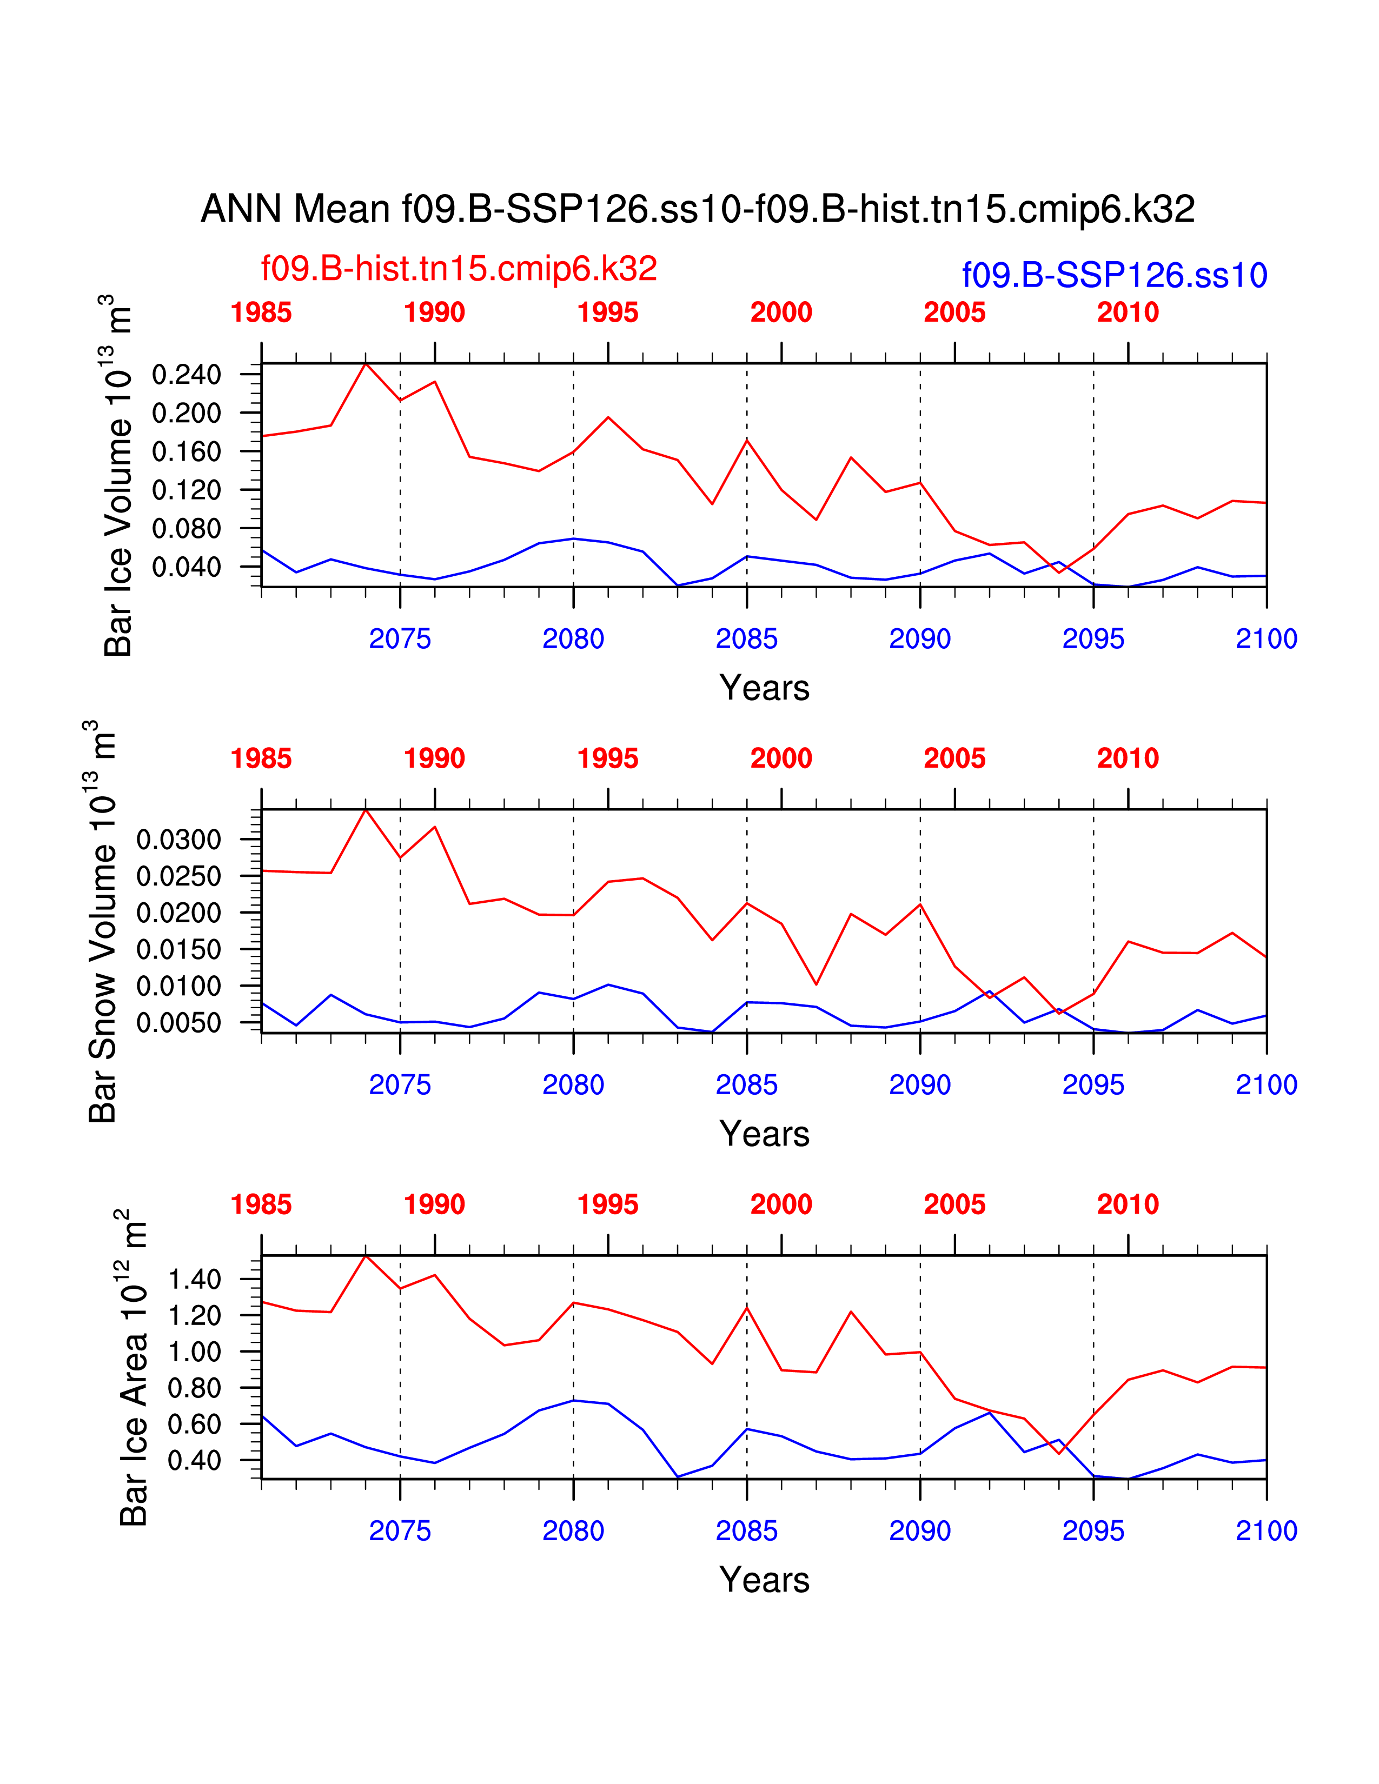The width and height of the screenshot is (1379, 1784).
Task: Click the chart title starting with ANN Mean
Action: pyautogui.click(x=698, y=209)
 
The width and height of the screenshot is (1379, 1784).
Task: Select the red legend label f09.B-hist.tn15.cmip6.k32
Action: pyautogui.click(x=458, y=269)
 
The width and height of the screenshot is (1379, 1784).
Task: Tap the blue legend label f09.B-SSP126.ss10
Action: pyautogui.click(x=1115, y=275)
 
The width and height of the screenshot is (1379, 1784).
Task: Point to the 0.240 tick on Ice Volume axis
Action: pyautogui.click(x=186, y=375)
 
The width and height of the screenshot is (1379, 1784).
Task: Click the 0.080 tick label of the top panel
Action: pyautogui.click(x=186, y=529)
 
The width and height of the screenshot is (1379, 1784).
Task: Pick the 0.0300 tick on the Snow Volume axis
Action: pyautogui.click(x=179, y=839)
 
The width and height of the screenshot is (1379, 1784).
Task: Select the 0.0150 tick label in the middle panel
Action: pyautogui.click(x=179, y=949)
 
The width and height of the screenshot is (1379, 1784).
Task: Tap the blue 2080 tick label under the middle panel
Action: pyautogui.click(x=573, y=1085)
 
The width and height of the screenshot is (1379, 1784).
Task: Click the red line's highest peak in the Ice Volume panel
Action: pyautogui.click(x=366, y=363)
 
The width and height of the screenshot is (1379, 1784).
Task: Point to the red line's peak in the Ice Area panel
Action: pyautogui.click(x=366, y=1255)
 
